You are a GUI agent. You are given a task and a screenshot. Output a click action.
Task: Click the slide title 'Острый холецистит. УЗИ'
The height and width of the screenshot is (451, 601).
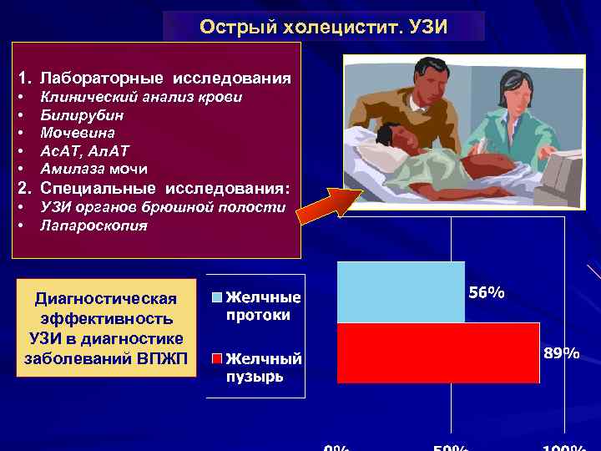point(323,27)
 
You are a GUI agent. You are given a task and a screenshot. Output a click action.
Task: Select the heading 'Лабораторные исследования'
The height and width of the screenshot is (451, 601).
point(165,79)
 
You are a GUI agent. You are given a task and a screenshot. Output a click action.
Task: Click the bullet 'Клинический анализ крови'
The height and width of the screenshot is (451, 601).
point(141,97)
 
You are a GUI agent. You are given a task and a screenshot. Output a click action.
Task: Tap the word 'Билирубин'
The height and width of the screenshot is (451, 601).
point(82,115)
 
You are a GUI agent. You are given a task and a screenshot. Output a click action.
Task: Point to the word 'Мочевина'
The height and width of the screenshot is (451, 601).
point(78,133)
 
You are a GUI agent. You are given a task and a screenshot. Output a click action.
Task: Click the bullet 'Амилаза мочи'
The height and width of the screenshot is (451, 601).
point(93,169)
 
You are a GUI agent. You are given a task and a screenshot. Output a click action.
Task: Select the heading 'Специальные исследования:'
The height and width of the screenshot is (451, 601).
point(164,187)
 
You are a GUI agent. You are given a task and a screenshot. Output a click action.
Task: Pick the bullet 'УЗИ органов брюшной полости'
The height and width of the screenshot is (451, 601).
point(163,207)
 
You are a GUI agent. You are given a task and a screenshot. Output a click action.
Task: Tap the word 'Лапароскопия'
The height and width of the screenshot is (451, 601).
point(93,225)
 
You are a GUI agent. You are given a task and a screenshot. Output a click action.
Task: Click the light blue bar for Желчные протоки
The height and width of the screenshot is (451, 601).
point(401,291)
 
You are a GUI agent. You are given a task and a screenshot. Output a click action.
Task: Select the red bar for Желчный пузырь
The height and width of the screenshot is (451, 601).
point(438,352)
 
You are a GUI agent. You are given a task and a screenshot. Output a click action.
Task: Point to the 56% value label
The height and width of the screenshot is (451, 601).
point(486,293)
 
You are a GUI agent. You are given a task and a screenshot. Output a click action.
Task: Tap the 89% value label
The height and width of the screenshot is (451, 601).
point(561,353)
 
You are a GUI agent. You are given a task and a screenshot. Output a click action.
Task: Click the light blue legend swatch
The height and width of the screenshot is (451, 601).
point(216,297)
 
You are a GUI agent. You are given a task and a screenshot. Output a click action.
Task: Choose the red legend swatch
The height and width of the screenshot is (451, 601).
point(216,359)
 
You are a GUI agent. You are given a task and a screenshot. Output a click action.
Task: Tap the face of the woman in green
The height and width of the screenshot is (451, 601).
point(514,89)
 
